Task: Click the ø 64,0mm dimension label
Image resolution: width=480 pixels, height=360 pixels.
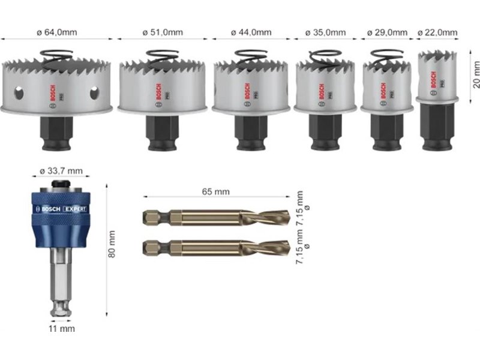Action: [57, 32]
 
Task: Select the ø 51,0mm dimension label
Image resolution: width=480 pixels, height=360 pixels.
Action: [163, 32]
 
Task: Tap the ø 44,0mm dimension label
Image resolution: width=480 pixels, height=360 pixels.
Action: [251, 32]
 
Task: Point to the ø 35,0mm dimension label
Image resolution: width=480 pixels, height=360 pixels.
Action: [325, 32]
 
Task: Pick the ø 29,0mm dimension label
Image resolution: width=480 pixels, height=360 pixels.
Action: [387, 32]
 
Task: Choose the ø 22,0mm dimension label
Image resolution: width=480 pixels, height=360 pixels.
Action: [437, 32]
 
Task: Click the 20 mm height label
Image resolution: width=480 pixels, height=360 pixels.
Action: [476, 74]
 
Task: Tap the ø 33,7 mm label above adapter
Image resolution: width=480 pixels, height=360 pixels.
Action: [61, 171]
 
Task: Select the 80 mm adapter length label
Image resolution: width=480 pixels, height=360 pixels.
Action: [112, 244]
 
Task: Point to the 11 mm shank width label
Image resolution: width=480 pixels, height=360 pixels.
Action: [62, 329]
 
